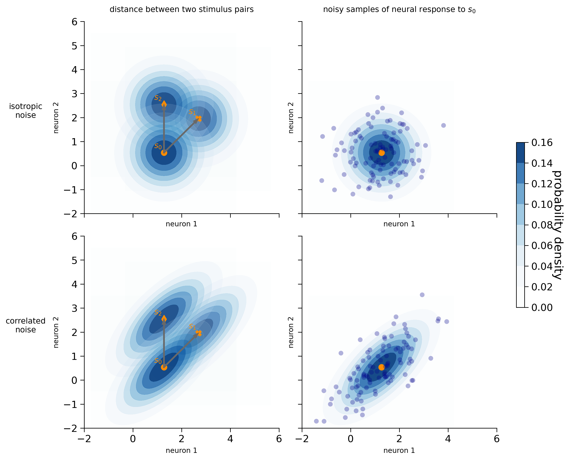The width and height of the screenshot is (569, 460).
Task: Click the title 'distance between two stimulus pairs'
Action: (182, 9)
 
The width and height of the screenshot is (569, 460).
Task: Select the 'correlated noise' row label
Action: (25, 325)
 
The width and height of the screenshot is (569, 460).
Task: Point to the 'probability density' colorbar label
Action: (557, 225)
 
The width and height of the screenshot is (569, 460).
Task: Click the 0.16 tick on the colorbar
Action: (542, 143)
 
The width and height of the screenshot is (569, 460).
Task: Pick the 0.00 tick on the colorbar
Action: (542, 308)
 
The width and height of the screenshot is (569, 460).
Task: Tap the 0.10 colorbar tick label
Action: (542, 204)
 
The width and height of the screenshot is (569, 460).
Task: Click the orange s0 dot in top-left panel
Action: (164, 153)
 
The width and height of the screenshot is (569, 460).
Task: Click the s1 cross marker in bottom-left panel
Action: (199, 333)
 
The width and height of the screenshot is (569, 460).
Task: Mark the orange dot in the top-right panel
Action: (381, 153)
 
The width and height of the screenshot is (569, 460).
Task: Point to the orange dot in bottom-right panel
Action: (381, 367)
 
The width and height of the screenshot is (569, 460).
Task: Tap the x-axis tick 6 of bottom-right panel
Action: (497, 439)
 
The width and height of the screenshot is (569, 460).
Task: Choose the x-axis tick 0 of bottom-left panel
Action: (133, 439)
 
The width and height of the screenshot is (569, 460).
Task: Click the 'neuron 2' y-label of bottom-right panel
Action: (291, 332)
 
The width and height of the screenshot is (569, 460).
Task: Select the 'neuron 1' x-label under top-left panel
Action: (182, 224)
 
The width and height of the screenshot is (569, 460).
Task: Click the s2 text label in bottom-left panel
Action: (158, 313)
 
